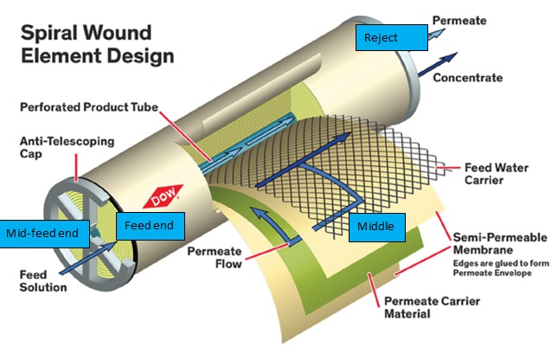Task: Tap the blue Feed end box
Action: pos(150,225)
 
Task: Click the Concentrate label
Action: pos(467,77)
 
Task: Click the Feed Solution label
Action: pos(44,281)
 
